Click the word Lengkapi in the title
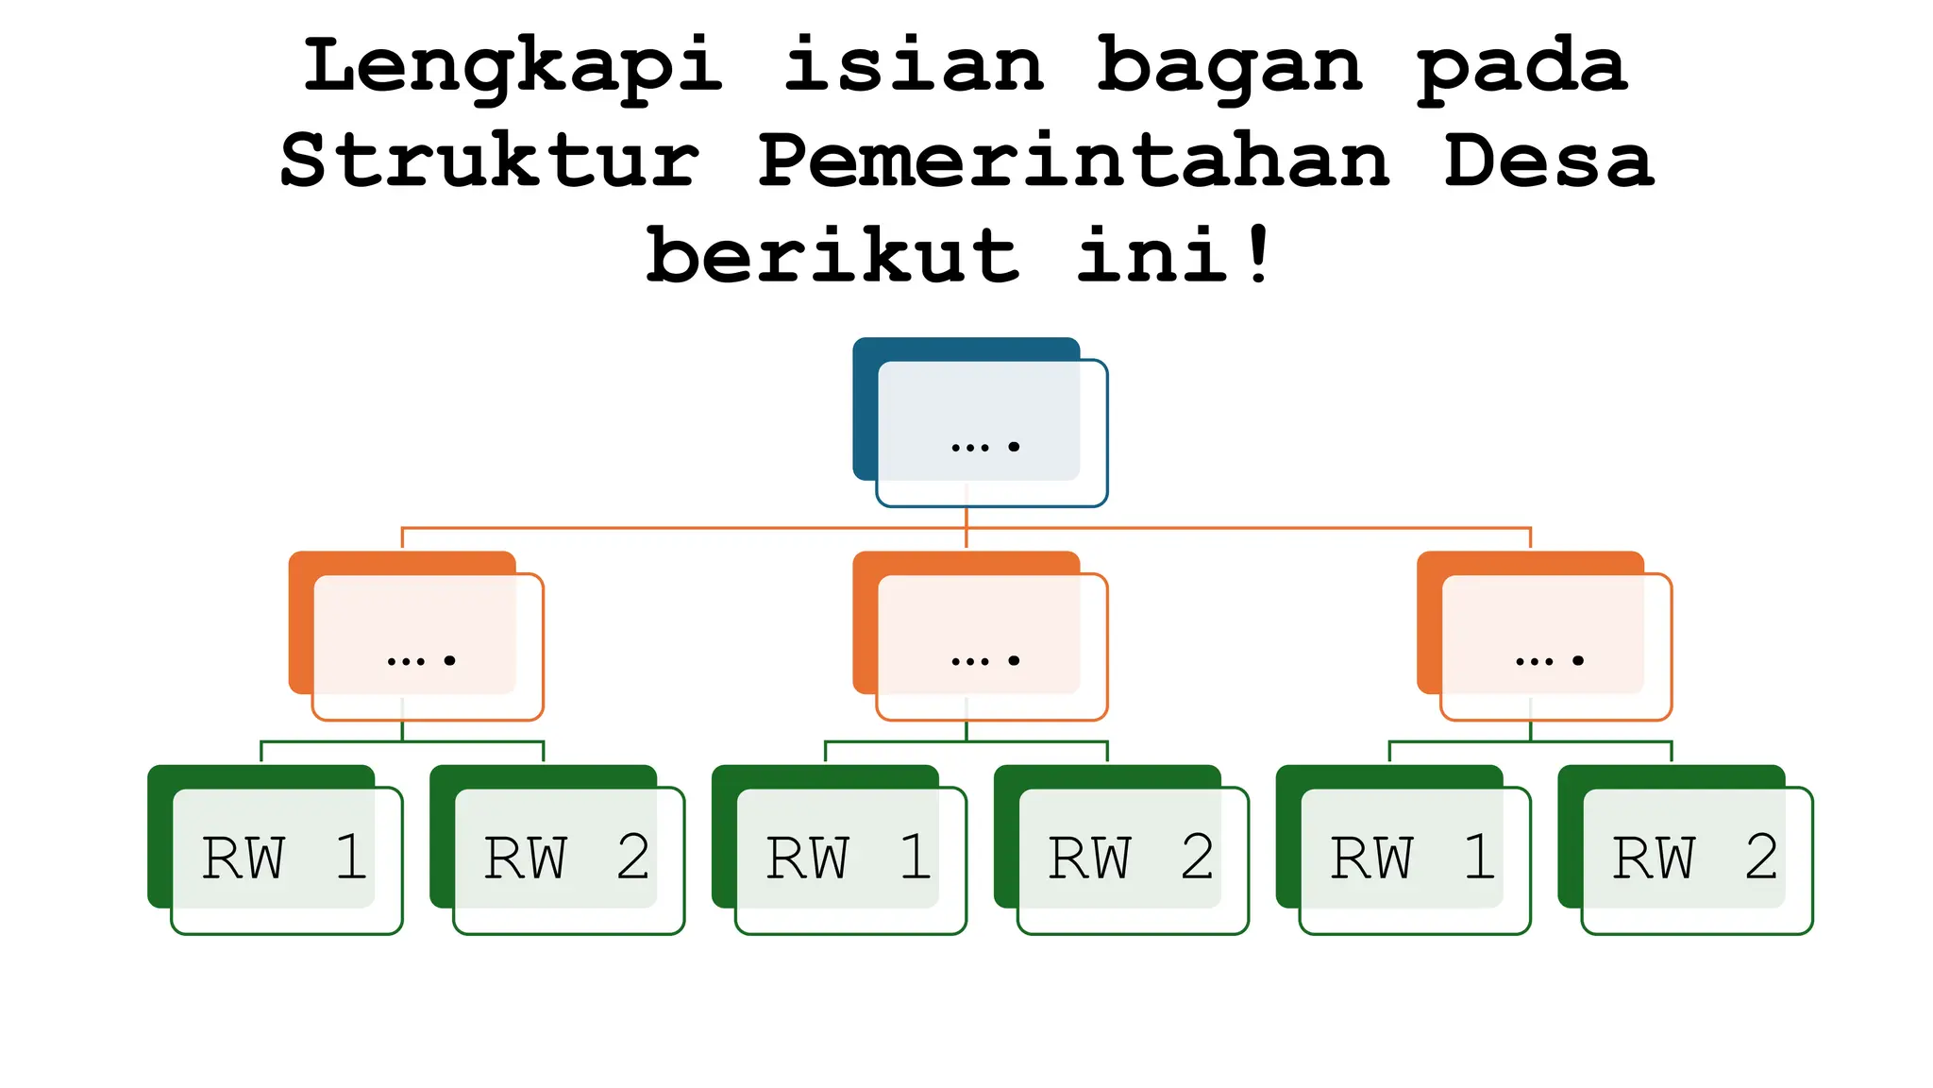pyautogui.click(x=513, y=66)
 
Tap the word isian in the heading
pyautogui.click(x=914, y=66)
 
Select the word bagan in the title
pyautogui.click(x=1230, y=66)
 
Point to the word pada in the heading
pyautogui.click(x=1522, y=66)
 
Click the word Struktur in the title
pyautogui.click(x=490, y=161)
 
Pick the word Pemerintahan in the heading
pyautogui.click(x=1074, y=161)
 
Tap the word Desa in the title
pyautogui.click(x=1549, y=161)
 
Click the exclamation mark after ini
pyautogui.click(x=1258, y=255)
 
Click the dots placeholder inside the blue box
pyautogui.click(x=985, y=446)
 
